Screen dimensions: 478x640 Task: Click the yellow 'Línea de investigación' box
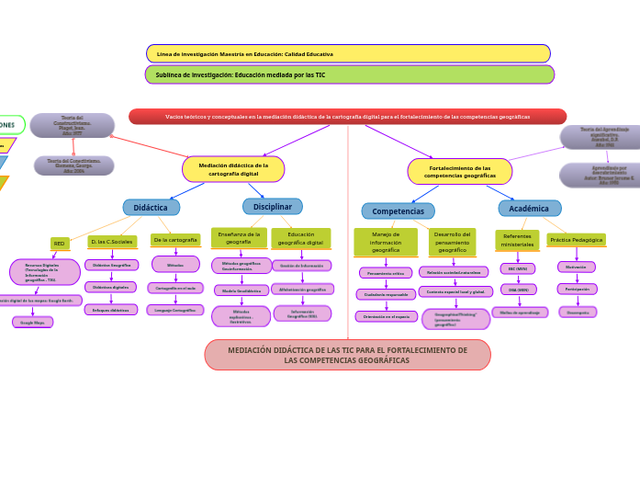pyautogui.click(x=348, y=54)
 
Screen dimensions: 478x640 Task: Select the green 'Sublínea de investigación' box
pyautogui.click(x=350, y=74)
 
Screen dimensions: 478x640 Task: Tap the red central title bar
pyautogui.click(x=347, y=117)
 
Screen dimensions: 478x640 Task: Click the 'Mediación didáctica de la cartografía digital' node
pyautogui.click(x=233, y=169)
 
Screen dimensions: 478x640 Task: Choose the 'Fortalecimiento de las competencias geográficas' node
pyautogui.click(x=460, y=171)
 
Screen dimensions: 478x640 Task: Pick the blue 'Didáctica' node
pyautogui.click(x=151, y=208)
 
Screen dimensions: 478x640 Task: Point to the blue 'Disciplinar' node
pyautogui.click(x=272, y=207)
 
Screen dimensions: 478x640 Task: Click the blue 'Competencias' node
pyautogui.click(x=398, y=211)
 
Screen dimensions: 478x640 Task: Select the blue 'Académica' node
pyautogui.click(x=529, y=209)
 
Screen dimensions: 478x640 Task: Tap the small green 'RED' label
pyautogui.click(x=60, y=244)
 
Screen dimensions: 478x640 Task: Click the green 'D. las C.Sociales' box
pyautogui.click(x=112, y=241)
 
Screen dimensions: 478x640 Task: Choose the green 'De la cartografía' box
pyautogui.click(x=175, y=240)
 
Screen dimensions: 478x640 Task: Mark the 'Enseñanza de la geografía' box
pyautogui.click(x=239, y=238)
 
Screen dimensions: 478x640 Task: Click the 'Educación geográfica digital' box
pyautogui.click(x=301, y=238)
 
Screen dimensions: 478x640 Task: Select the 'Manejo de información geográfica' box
pyautogui.click(x=386, y=243)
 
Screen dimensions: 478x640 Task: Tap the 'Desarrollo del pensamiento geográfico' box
pyautogui.click(x=452, y=243)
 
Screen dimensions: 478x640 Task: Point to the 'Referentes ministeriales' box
pyautogui.click(x=517, y=241)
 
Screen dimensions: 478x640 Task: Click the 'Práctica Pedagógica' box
pyautogui.click(x=577, y=240)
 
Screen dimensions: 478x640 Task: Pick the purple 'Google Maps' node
pyautogui.click(x=32, y=323)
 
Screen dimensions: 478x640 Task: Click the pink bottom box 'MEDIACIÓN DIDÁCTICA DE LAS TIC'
pyautogui.click(x=347, y=355)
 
